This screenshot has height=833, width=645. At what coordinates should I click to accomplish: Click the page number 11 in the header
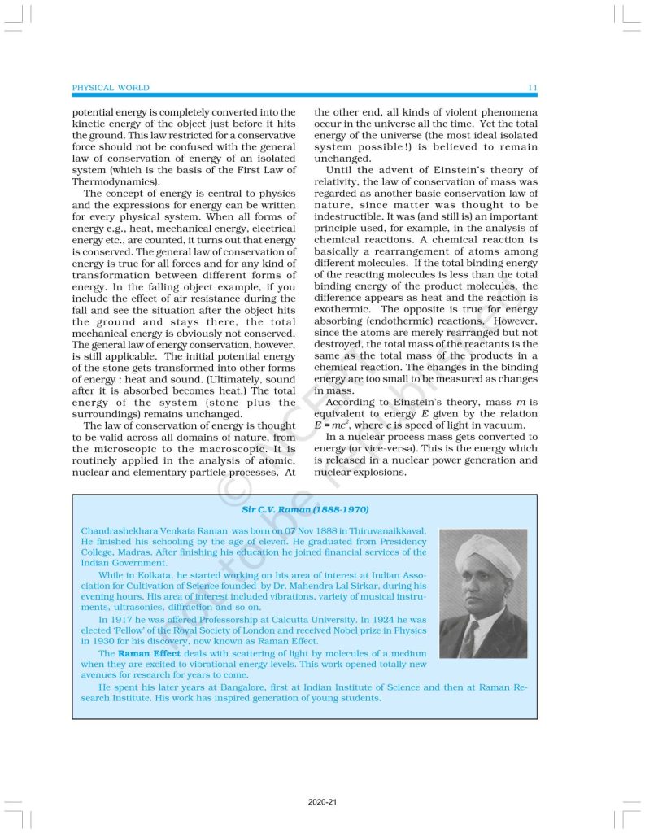(532, 88)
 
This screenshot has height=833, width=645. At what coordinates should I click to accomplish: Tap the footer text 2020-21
(322, 802)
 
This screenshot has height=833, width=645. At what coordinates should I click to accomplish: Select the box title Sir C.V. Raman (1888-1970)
(305, 509)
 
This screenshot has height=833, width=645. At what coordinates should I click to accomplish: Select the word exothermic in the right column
(342, 309)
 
